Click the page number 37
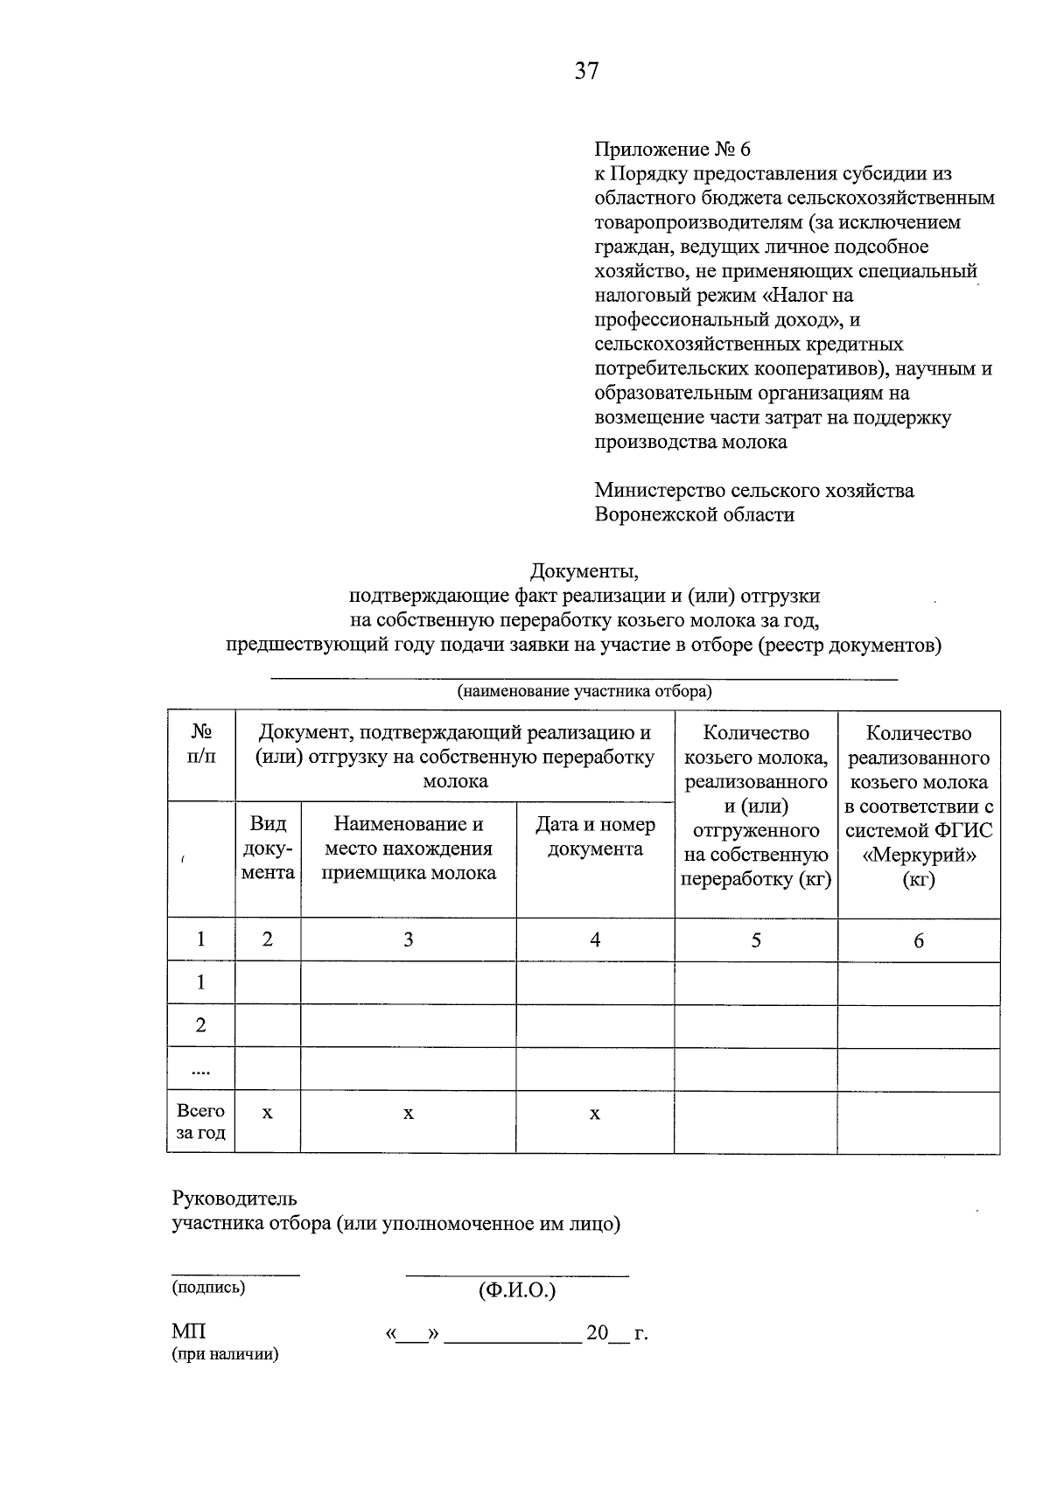tap(586, 71)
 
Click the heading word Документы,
tap(584, 571)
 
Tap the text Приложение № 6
tap(672, 150)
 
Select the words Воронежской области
tap(694, 514)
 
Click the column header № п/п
tap(201, 744)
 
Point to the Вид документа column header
tap(268, 849)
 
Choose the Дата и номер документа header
tap(595, 836)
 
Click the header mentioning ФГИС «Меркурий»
tap(919, 806)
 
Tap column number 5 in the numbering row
tap(756, 940)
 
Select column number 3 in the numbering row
tap(408, 940)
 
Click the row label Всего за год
tap(201, 1121)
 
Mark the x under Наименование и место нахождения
tap(408, 1114)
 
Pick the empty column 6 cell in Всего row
tap(919, 1121)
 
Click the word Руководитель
tap(234, 1198)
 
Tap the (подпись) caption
tap(208, 1287)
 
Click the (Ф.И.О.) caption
tap(517, 1290)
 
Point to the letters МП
tap(189, 1331)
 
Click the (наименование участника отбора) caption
tap(584, 692)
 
